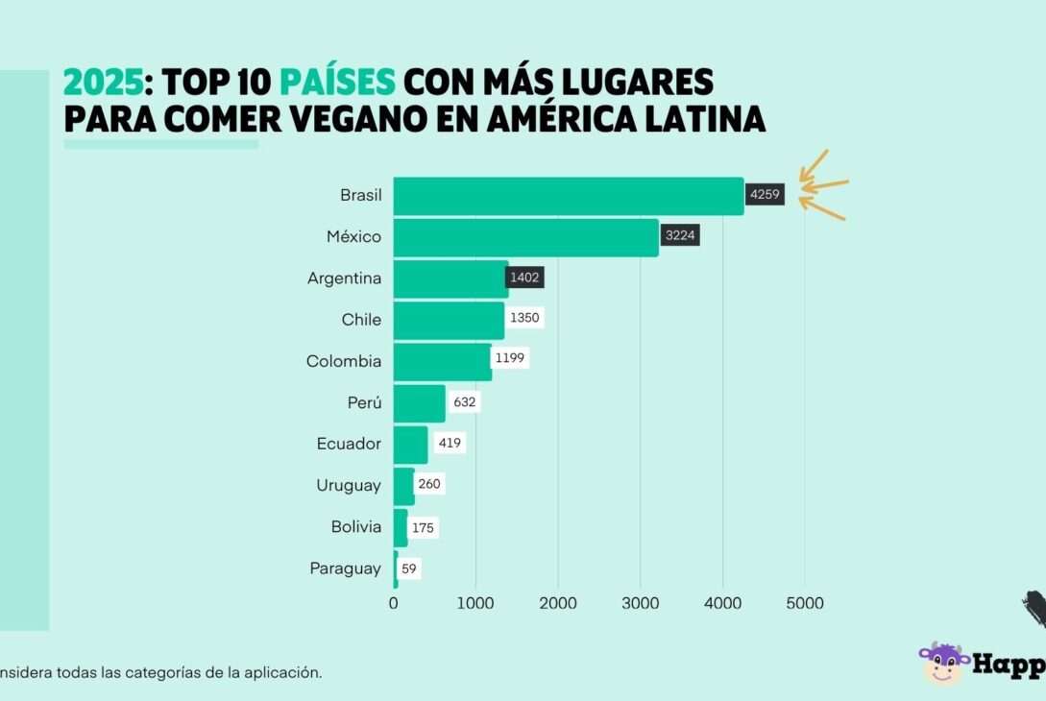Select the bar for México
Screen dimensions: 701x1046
pos(526,237)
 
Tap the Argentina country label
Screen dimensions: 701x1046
pos(344,278)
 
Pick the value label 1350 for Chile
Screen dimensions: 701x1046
pos(524,319)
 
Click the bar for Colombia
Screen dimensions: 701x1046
pos(443,361)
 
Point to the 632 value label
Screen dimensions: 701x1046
pos(464,402)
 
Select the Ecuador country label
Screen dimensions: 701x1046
pos(349,444)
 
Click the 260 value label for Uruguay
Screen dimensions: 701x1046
pos(429,484)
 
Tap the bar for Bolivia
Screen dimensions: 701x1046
pos(401,527)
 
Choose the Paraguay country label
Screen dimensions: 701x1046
pos(345,568)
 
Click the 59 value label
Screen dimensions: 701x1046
pos(409,568)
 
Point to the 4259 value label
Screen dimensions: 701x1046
pos(766,195)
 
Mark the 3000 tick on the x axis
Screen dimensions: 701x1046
pos(641,603)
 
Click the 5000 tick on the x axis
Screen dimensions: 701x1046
pos(805,603)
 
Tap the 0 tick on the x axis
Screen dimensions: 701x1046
pos(394,603)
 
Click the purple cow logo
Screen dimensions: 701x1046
pos(943,662)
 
